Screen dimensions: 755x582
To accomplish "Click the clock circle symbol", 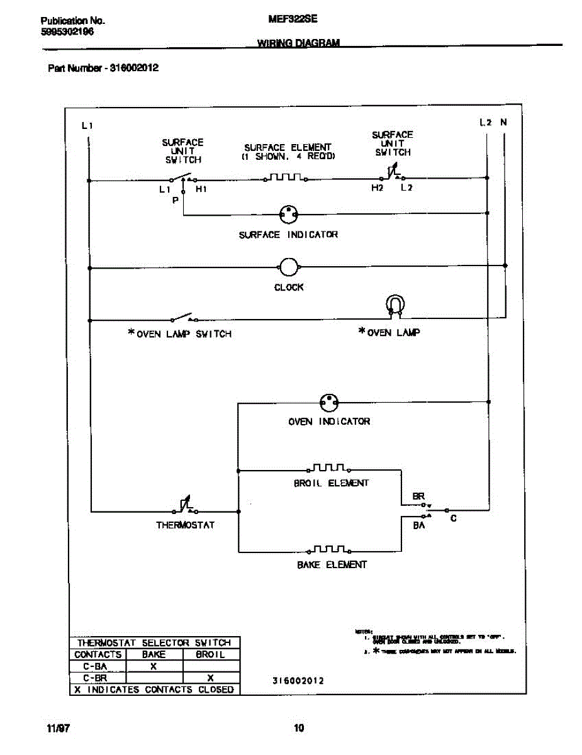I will pos(288,267).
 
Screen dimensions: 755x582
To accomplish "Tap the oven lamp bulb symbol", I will pos(394,305).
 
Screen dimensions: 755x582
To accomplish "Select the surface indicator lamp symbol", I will pos(289,214).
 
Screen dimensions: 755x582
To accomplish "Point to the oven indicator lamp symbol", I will pos(328,402).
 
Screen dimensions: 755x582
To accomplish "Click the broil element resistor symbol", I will pos(328,468).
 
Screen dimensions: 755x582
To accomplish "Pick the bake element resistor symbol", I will pos(329,549).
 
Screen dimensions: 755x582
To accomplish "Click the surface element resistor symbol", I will pos(285,178).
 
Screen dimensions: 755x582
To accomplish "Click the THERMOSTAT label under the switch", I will pos(186,525).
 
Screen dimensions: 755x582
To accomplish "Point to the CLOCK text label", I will pos(289,287).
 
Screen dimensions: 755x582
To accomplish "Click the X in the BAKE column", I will pos(154,666).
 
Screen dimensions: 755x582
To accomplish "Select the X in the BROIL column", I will pos(210,678).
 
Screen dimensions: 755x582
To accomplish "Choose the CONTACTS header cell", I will pos(98,654).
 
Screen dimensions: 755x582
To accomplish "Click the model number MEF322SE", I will pos(293,20).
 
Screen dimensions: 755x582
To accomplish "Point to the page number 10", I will pos(299,729).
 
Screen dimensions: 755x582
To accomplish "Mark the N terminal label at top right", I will pos(503,123).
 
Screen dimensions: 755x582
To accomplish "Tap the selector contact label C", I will pos(453,518).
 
